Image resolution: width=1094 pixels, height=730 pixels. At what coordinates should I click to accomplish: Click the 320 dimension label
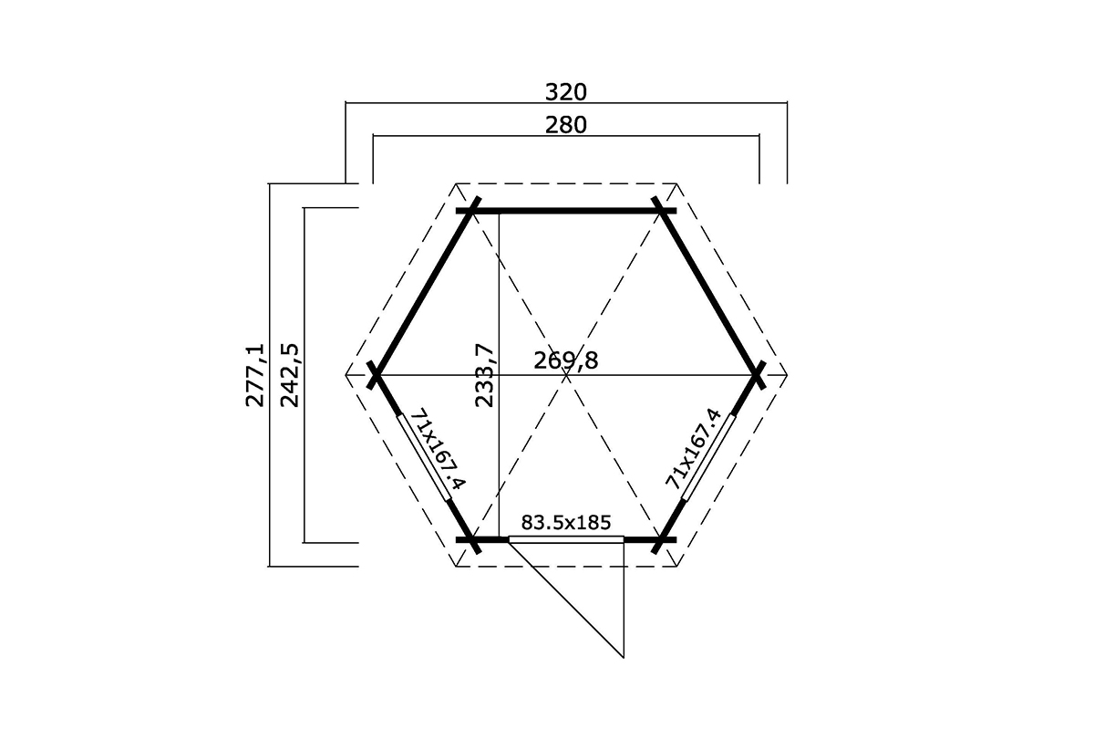tap(565, 92)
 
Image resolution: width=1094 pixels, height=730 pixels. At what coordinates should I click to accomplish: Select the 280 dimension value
tap(565, 125)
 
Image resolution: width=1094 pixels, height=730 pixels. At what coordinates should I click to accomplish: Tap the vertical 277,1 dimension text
tap(255, 375)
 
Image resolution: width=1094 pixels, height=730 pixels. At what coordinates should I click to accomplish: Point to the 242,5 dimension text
tap(290, 375)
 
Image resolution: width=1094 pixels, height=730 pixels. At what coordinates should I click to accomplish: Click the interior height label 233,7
tap(485, 375)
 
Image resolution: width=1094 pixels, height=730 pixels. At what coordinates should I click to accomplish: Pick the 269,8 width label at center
tap(565, 360)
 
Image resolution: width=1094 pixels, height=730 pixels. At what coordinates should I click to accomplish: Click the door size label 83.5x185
tap(565, 523)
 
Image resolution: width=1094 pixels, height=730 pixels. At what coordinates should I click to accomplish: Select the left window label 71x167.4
tap(439, 449)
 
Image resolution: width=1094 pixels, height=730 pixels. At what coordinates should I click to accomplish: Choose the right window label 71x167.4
tap(693, 449)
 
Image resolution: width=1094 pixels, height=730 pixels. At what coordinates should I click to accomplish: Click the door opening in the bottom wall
tap(566, 540)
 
